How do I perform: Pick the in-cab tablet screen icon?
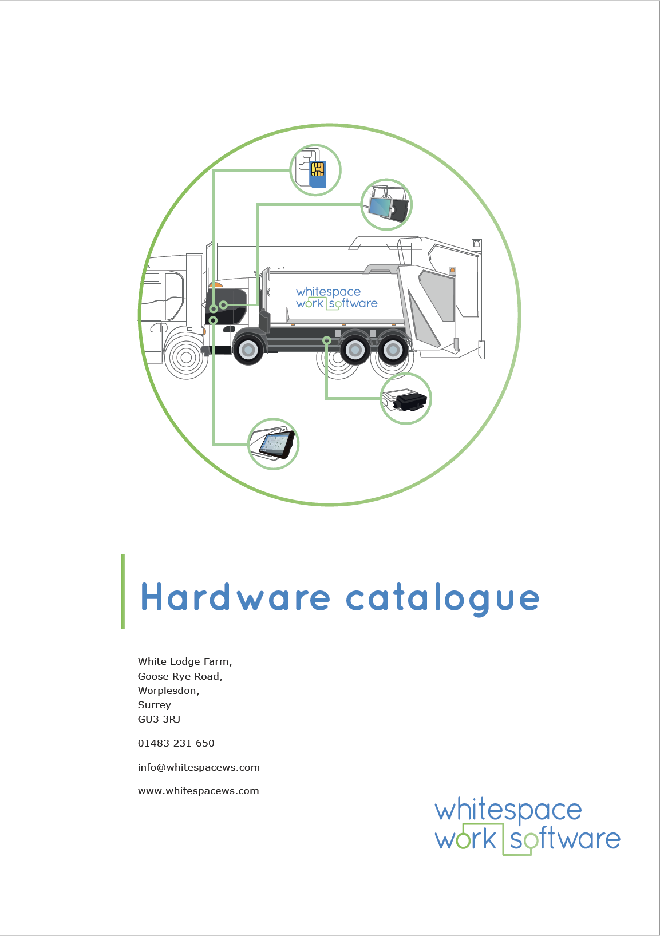[x=273, y=443]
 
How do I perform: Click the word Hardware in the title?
[x=236, y=597]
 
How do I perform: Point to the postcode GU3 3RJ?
[x=159, y=719]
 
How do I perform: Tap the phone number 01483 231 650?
[x=176, y=743]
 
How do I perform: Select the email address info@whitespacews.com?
[x=199, y=767]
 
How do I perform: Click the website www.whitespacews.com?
[x=198, y=791]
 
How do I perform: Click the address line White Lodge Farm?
[x=185, y=661]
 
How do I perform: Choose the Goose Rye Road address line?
[x=180, y=676]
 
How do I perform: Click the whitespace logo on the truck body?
[x=337, y=298]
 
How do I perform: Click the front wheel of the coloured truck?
[x=248, y=350]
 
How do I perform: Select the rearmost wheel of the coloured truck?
[x=393, y=350]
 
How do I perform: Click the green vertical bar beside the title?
[x=123, y=591]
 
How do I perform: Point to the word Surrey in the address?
[x=154, y=705]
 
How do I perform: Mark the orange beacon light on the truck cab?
[x=216, y=284]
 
